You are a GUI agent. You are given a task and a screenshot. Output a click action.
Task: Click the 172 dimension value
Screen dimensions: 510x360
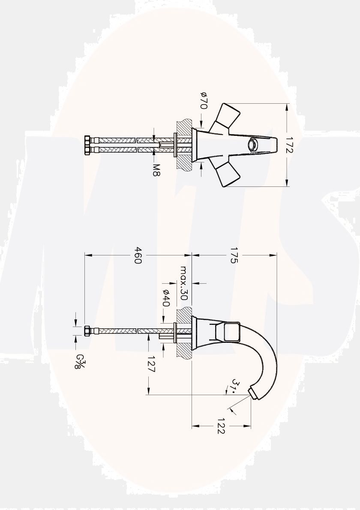[x=288, y=145]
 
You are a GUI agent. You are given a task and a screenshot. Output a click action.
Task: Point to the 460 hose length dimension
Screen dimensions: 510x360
[x=138, y=255]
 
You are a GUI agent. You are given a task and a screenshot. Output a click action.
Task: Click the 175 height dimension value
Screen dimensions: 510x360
[x=233, y=255]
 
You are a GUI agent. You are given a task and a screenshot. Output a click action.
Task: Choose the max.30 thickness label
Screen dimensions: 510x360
[x=184, y=283]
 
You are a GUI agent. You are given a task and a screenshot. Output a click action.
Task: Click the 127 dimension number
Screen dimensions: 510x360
[x=151, y=364]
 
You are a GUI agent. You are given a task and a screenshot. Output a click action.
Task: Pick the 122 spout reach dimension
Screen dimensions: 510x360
[x=220, y=426]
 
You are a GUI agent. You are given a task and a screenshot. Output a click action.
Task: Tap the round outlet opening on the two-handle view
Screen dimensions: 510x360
[x=254, y=145]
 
